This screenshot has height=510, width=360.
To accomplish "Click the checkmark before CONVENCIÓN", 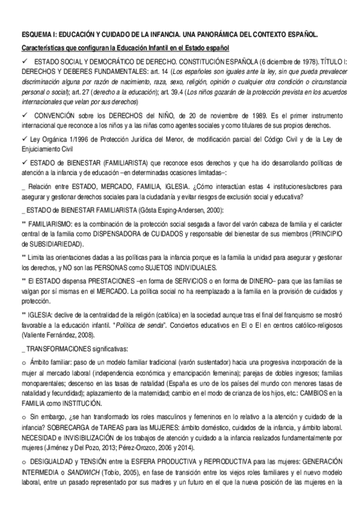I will click(24, 114).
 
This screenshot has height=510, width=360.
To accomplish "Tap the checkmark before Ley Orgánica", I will click(24, 140).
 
